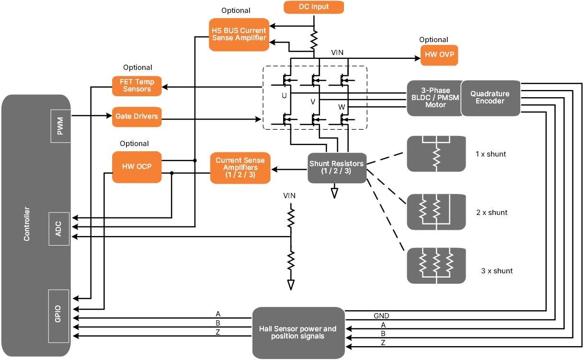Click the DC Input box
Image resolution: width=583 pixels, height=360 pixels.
(x=314, y=7)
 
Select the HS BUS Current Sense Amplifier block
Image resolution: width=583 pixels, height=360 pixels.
(x=239, y=34)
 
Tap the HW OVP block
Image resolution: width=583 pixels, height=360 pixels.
(x=439, y=56)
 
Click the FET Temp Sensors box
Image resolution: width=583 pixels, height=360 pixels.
(x=137, y=86)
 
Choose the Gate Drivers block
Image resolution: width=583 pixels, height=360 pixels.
(x=137, y=116)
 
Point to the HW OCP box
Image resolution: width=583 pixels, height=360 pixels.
(x=137, y=167)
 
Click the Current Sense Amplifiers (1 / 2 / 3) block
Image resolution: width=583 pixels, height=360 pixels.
(x=240, y=168)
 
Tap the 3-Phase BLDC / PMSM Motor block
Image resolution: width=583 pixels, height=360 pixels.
(x=435, y=98)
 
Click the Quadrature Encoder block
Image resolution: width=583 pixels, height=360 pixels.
(x=490, y=98)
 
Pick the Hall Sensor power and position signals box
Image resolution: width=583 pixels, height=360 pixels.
(x=298, y=333)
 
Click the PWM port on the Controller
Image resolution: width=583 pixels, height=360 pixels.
(x=60, y=125)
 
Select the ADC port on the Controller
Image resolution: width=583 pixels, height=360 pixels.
(x=59, y=229)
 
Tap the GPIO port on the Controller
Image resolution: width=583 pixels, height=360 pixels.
(x=59, y=316)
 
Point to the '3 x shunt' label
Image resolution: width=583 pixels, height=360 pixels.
(x=497, y=271)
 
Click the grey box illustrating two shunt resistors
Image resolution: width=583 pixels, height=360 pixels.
(x=436, y=212)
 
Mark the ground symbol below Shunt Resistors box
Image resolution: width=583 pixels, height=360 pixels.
(x=334, y=192)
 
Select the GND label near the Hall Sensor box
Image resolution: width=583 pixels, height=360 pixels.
(x=381, y=316)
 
